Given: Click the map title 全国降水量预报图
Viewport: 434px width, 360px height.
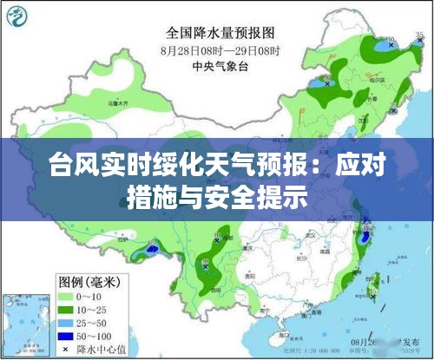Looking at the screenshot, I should tap(220, 34).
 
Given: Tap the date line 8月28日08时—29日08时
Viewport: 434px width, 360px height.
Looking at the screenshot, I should tap(220, 50).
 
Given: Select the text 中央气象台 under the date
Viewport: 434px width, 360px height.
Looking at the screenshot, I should tap(220, 65).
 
